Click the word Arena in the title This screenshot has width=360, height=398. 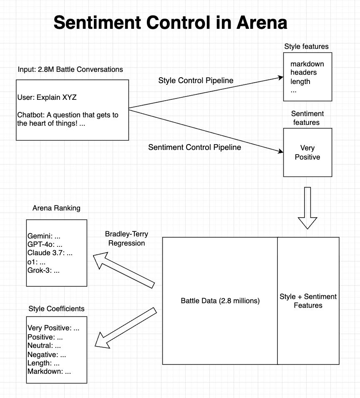(262, 22)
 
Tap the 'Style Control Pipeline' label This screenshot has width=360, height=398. (196, 81)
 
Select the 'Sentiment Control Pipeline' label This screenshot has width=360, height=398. (194, 147)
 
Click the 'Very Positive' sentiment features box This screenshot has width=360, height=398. (307, 152)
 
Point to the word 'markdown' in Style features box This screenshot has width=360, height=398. (307, 64)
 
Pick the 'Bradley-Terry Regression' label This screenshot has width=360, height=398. (126, 238)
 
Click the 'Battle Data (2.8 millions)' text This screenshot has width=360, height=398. (220, 301)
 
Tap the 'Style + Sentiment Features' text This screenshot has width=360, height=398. (308, 301)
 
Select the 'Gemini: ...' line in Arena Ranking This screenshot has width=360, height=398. (44, 236)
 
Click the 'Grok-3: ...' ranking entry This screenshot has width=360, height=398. (43, 270)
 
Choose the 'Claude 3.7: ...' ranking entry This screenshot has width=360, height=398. (50, 253)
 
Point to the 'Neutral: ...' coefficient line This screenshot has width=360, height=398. (44, 345)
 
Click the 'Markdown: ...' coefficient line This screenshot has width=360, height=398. (49, 371)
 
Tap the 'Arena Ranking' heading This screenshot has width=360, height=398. (56, 208)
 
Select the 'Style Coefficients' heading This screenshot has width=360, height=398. (56, 309)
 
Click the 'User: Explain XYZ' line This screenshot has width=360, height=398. (47, 97)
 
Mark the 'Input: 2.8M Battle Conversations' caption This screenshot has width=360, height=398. (70, 69)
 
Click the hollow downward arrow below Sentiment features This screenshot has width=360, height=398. (307, 208)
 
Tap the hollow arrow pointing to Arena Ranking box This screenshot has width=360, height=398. (124, 270)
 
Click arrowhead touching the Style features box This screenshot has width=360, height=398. (280, 77)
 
